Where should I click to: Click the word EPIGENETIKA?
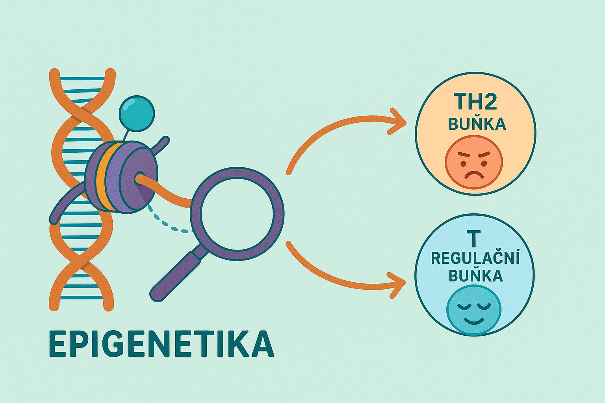click(x=161, y=344)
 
